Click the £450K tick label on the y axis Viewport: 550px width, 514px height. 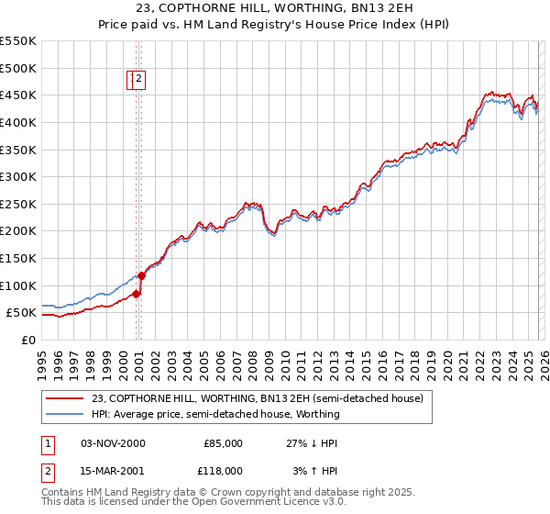click(x=18, y=95)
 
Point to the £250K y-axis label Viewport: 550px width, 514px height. click(x=18, y=204)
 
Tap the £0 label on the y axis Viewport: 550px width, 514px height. click(x=28, y=340)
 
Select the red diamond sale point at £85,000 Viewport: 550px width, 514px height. click(x=136, y=294)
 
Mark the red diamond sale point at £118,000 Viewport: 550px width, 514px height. click(x=142, y=275)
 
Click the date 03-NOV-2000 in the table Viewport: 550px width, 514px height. click(x=113, y=443)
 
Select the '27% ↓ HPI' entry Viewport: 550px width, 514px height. click(x=312, y=443)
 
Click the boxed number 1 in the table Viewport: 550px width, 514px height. click(x=47, y=443)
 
